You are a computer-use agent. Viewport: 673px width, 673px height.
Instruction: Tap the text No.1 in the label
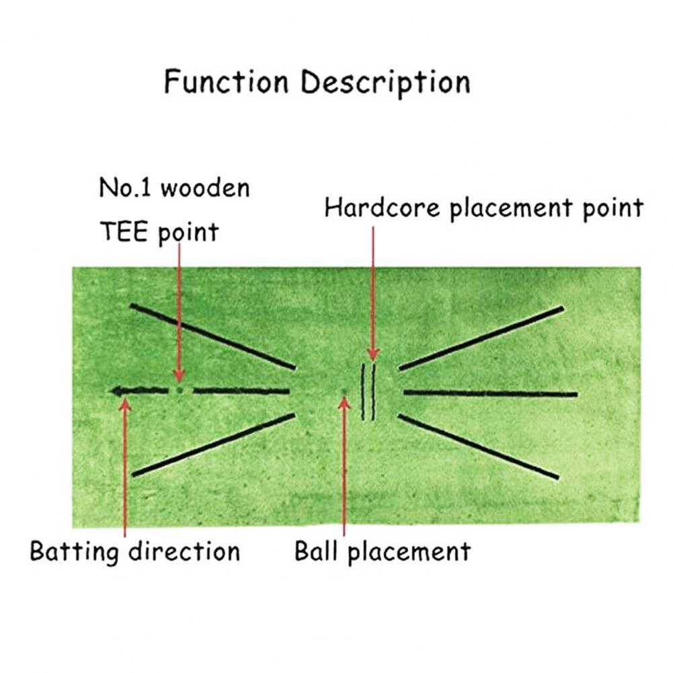[x=124, y=188]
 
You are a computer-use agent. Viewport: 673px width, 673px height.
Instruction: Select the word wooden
[x=205, y=188]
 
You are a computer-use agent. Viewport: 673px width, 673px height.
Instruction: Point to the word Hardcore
[x=383, y=208]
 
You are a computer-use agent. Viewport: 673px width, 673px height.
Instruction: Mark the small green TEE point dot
[x=179, y=390]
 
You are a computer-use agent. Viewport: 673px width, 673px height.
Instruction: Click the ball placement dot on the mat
[x=344, y=391]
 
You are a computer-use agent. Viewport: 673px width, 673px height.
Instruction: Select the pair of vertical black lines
[x=368, y=392]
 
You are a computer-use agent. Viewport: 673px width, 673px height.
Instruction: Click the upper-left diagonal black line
[x=212, y=336]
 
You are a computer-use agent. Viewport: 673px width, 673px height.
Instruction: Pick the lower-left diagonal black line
[x=214, y=445]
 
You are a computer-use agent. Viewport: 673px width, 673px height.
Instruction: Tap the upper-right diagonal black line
[x=481, y=338]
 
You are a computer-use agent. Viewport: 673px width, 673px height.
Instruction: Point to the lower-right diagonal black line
[x=479, y=447]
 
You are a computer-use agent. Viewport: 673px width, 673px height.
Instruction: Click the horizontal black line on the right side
[x=490, y=393]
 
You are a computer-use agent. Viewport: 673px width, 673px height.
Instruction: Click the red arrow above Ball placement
[x=344, y=471]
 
